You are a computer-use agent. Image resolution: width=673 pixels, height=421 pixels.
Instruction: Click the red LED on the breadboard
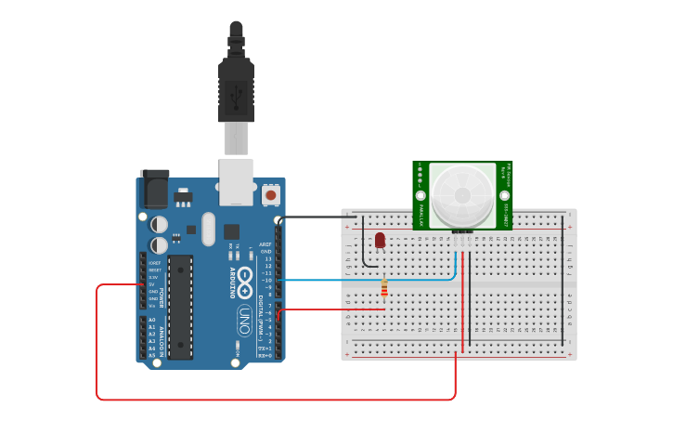[x=380, y=241]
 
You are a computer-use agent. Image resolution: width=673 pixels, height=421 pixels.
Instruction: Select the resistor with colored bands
[x=384, y=291]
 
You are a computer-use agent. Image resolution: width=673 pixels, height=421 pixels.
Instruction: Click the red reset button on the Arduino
[x=271, y=194]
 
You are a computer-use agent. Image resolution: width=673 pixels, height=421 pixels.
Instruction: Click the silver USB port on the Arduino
[x=236, y=180]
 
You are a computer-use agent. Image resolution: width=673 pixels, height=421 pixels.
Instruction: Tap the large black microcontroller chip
[x=180, y=307]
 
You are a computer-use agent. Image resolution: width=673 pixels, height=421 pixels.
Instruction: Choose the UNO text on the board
[x=244, y=321]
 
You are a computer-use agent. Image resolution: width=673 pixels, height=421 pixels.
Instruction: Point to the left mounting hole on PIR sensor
[x=421, y=196]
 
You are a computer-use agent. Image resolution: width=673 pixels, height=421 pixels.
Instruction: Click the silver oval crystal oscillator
[x=207, y=230]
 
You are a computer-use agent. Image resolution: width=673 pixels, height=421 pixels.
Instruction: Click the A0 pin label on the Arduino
[x=151, y=320]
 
